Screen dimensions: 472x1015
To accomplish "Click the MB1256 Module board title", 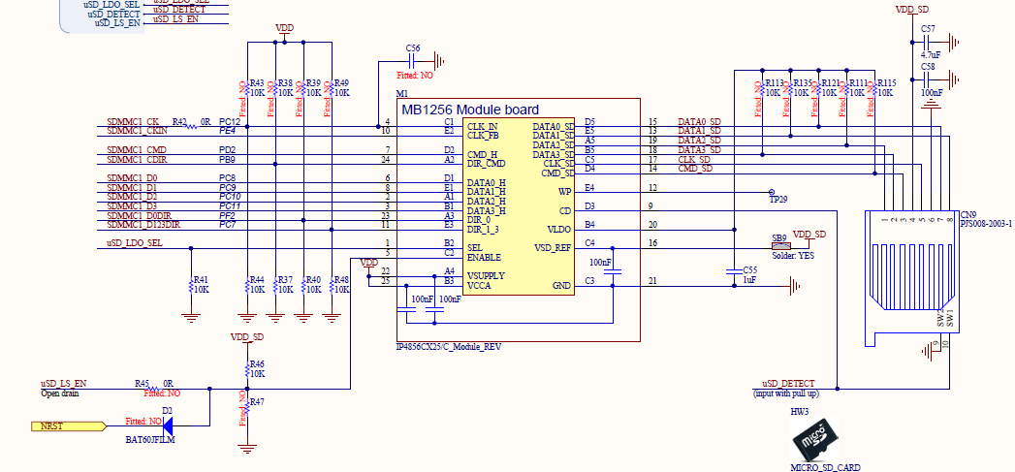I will click(x=469, y=110).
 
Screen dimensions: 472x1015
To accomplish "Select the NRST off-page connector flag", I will click(x=68, y=425).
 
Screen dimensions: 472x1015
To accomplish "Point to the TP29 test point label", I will click(x=778, y=199).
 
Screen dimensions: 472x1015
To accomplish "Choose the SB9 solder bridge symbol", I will click(x=779, y=245).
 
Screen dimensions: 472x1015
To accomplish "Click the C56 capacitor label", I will click(x=414, y=47).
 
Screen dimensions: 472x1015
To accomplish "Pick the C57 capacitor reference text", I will click(x=928, y=29).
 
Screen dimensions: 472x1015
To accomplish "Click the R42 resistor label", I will click(x=179, y=120).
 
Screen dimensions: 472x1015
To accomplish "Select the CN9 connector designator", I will click(x=967, y=214).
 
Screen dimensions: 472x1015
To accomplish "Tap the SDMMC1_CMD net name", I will click(x=137, y=149).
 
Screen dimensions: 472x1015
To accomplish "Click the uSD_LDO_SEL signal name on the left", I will click(x=137, y=242).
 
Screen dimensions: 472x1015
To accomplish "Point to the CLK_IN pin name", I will click(x=482, y=126).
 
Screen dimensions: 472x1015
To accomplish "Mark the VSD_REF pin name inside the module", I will click(x=552, y=247).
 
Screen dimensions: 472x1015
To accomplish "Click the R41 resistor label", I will click(x=201, y=279).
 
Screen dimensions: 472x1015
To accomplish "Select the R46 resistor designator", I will click(x=257, y=363).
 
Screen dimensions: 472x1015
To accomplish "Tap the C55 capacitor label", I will click(x=748, y=269).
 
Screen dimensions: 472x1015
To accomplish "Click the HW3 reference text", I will click(x=799, y=412).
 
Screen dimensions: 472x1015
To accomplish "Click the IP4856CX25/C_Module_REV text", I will click(x=449, y=346).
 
